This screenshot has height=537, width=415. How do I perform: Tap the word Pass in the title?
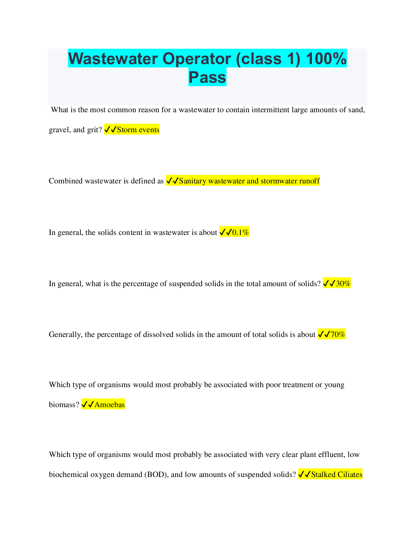pos(207,77)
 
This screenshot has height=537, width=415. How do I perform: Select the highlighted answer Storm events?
pos(138,130)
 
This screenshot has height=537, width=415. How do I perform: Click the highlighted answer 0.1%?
pos(240,233)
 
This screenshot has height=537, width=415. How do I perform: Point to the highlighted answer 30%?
pos(343,283)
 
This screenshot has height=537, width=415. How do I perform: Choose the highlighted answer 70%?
pos(338,335)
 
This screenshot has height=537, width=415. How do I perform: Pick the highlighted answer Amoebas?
pos(110,404)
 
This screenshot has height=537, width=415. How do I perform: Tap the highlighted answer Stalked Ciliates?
pos(337,474)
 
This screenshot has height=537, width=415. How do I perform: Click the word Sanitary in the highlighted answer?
pos(192,181)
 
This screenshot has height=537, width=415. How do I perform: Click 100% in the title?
pos(326,59)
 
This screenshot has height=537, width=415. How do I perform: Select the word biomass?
pos(63,404)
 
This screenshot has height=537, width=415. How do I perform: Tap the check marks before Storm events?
pos(111,130)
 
